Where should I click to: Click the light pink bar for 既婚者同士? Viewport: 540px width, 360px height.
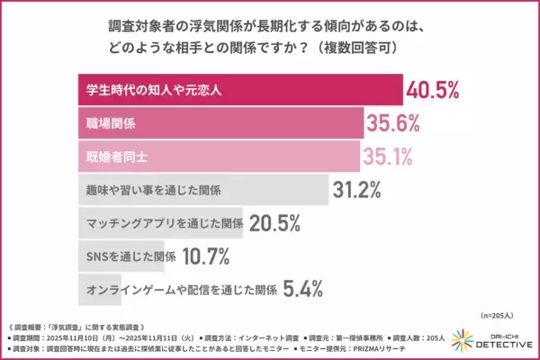coord(216,156)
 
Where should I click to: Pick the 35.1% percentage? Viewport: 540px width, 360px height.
coord(388,156)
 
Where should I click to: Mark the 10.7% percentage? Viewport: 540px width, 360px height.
coord(208,256)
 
